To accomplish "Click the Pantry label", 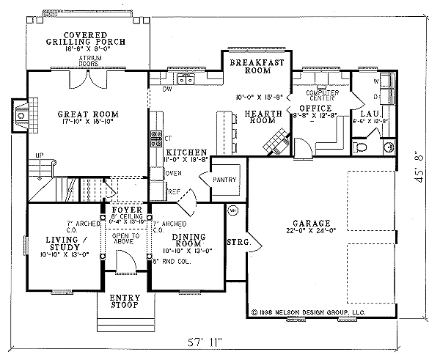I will point(223,180).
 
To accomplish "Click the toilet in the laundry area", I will point(361,148).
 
